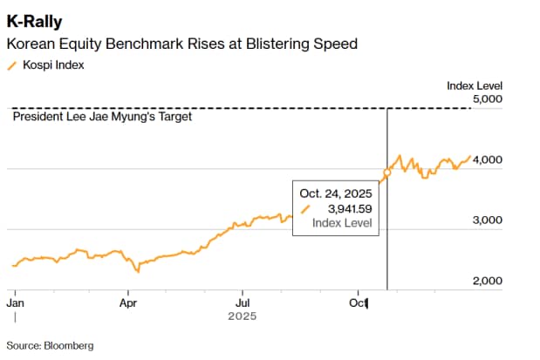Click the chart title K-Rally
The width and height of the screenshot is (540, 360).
point(35,20)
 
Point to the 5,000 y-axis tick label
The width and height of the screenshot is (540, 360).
point(486,99)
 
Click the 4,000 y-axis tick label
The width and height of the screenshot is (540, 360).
point(486,160)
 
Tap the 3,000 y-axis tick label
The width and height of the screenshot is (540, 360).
point(486,221)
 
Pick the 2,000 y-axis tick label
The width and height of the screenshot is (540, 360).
point(486,281)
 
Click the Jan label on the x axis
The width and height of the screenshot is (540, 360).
point(15,303)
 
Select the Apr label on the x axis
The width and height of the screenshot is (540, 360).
point(128,303)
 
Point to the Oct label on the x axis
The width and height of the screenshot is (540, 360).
point(358,303)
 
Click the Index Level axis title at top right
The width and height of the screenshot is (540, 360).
point(475,85)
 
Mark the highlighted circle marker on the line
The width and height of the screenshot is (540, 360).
point(387,173)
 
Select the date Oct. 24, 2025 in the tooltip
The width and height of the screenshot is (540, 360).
point(336,193)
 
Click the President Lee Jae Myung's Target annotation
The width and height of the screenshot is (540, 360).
point(103,117)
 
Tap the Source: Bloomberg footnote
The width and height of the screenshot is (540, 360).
point(50,345)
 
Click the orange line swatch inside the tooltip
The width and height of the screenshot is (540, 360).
point(305,209)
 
